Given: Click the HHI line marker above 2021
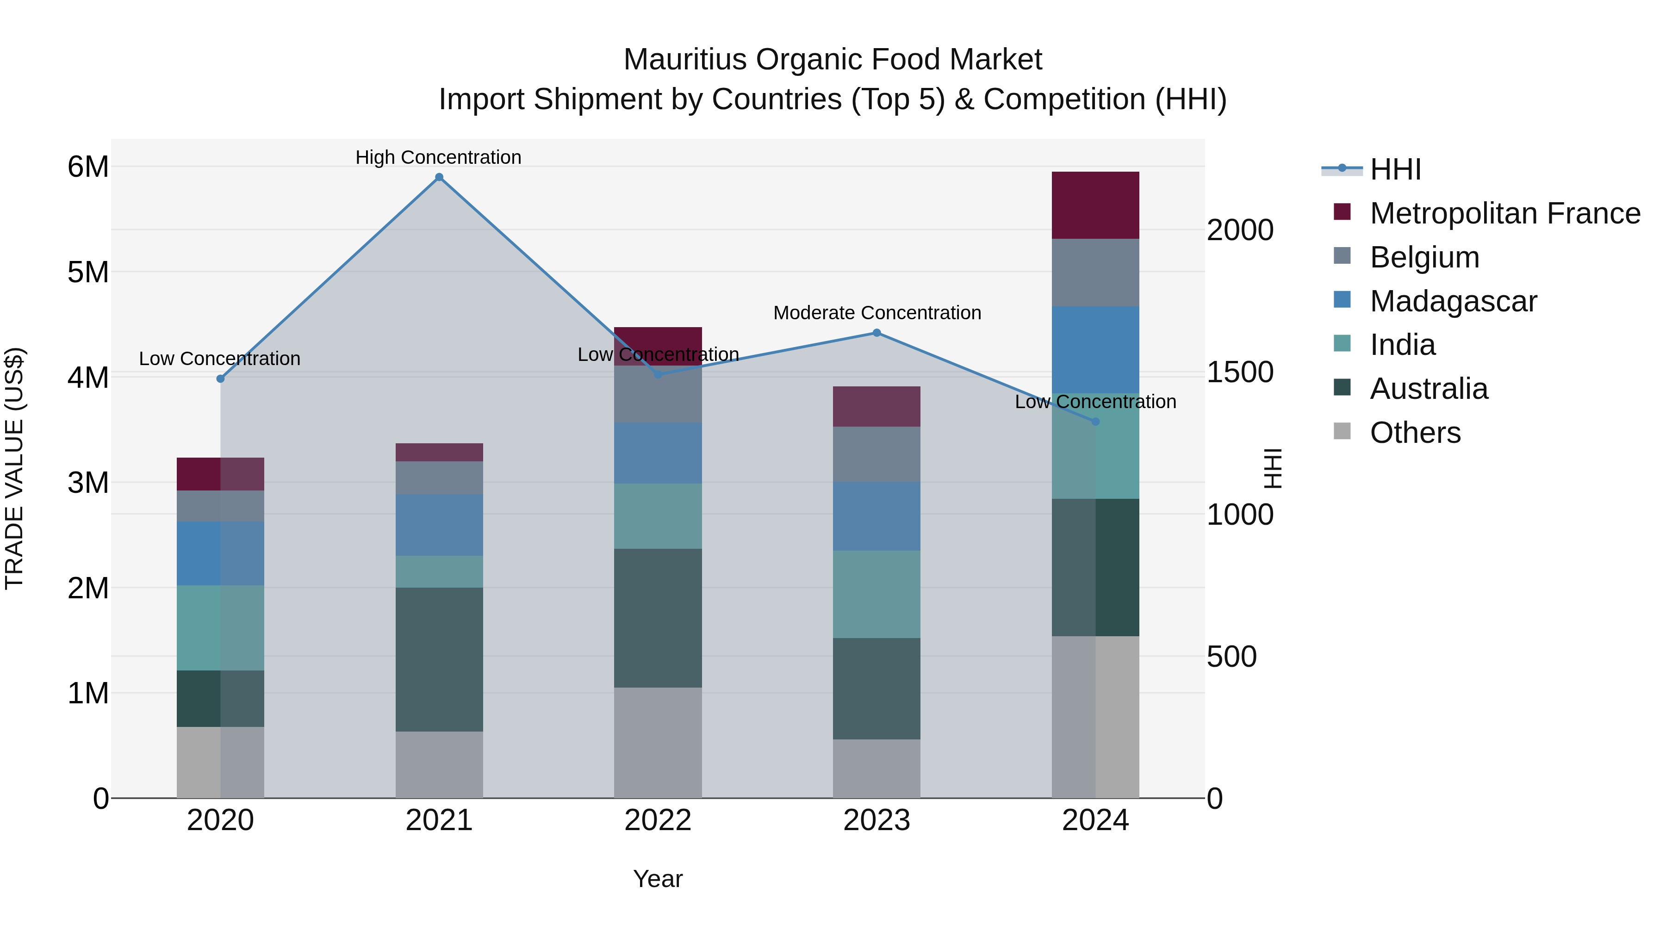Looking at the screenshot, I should coord(439,177).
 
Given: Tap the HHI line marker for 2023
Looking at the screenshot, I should coord(877,333).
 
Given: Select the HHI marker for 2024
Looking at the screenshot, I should coord(1095,422).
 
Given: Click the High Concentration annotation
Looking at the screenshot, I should coord(439,157).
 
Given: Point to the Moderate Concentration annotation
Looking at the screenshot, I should coord(877,313).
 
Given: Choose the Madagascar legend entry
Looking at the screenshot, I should coord(1453,301).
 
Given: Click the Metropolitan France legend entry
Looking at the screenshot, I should coord(1504,213).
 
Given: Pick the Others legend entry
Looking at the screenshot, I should coord(1415,433).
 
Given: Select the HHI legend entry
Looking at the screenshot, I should coord(1395,169).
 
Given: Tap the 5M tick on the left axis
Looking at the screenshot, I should coord(88,272).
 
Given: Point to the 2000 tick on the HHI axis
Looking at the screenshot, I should coord(1240,230).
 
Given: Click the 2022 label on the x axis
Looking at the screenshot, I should coord(658,820).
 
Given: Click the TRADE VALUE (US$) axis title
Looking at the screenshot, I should coord(14,468).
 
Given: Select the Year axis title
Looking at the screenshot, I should coord(658,879).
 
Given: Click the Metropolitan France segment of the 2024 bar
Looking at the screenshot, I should coord(1095,205).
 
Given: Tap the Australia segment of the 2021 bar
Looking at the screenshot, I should coord(439,659).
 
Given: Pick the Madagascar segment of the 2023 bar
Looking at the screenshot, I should coord(877,516).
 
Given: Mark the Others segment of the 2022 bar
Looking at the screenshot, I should coord(658,742).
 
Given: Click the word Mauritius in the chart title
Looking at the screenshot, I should coord(685,60).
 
